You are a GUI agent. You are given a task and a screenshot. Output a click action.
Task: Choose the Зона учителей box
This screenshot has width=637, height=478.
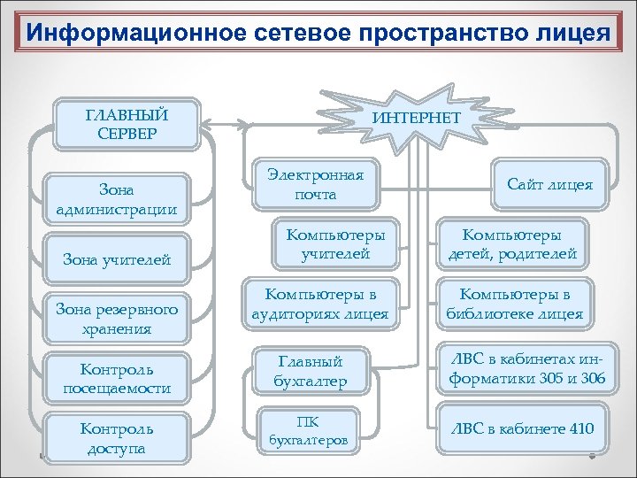coord(118,259)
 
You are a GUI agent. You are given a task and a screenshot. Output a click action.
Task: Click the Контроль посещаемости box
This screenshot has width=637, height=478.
coord(118,378)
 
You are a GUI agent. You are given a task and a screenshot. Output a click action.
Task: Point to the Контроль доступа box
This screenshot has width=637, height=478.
coord(118,437)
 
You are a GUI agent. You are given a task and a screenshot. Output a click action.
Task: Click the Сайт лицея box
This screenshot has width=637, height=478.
coord(550,185)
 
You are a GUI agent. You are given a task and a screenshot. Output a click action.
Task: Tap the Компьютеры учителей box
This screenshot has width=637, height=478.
coord(323,245)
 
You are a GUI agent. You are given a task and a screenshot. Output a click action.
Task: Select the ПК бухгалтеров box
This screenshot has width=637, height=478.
coord(309,428)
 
